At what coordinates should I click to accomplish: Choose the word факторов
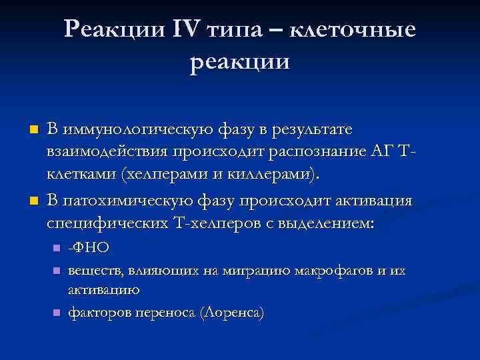coord(96,312)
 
